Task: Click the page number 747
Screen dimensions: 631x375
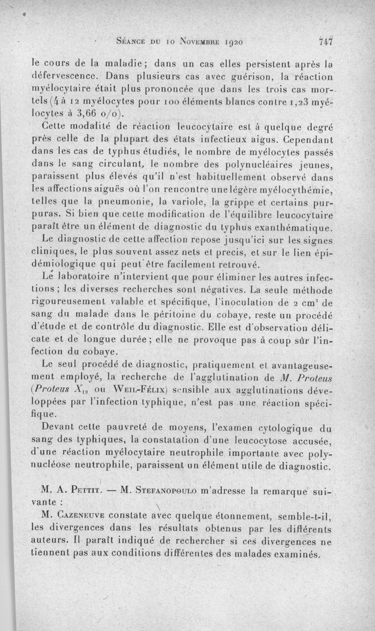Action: pos(325,41)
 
